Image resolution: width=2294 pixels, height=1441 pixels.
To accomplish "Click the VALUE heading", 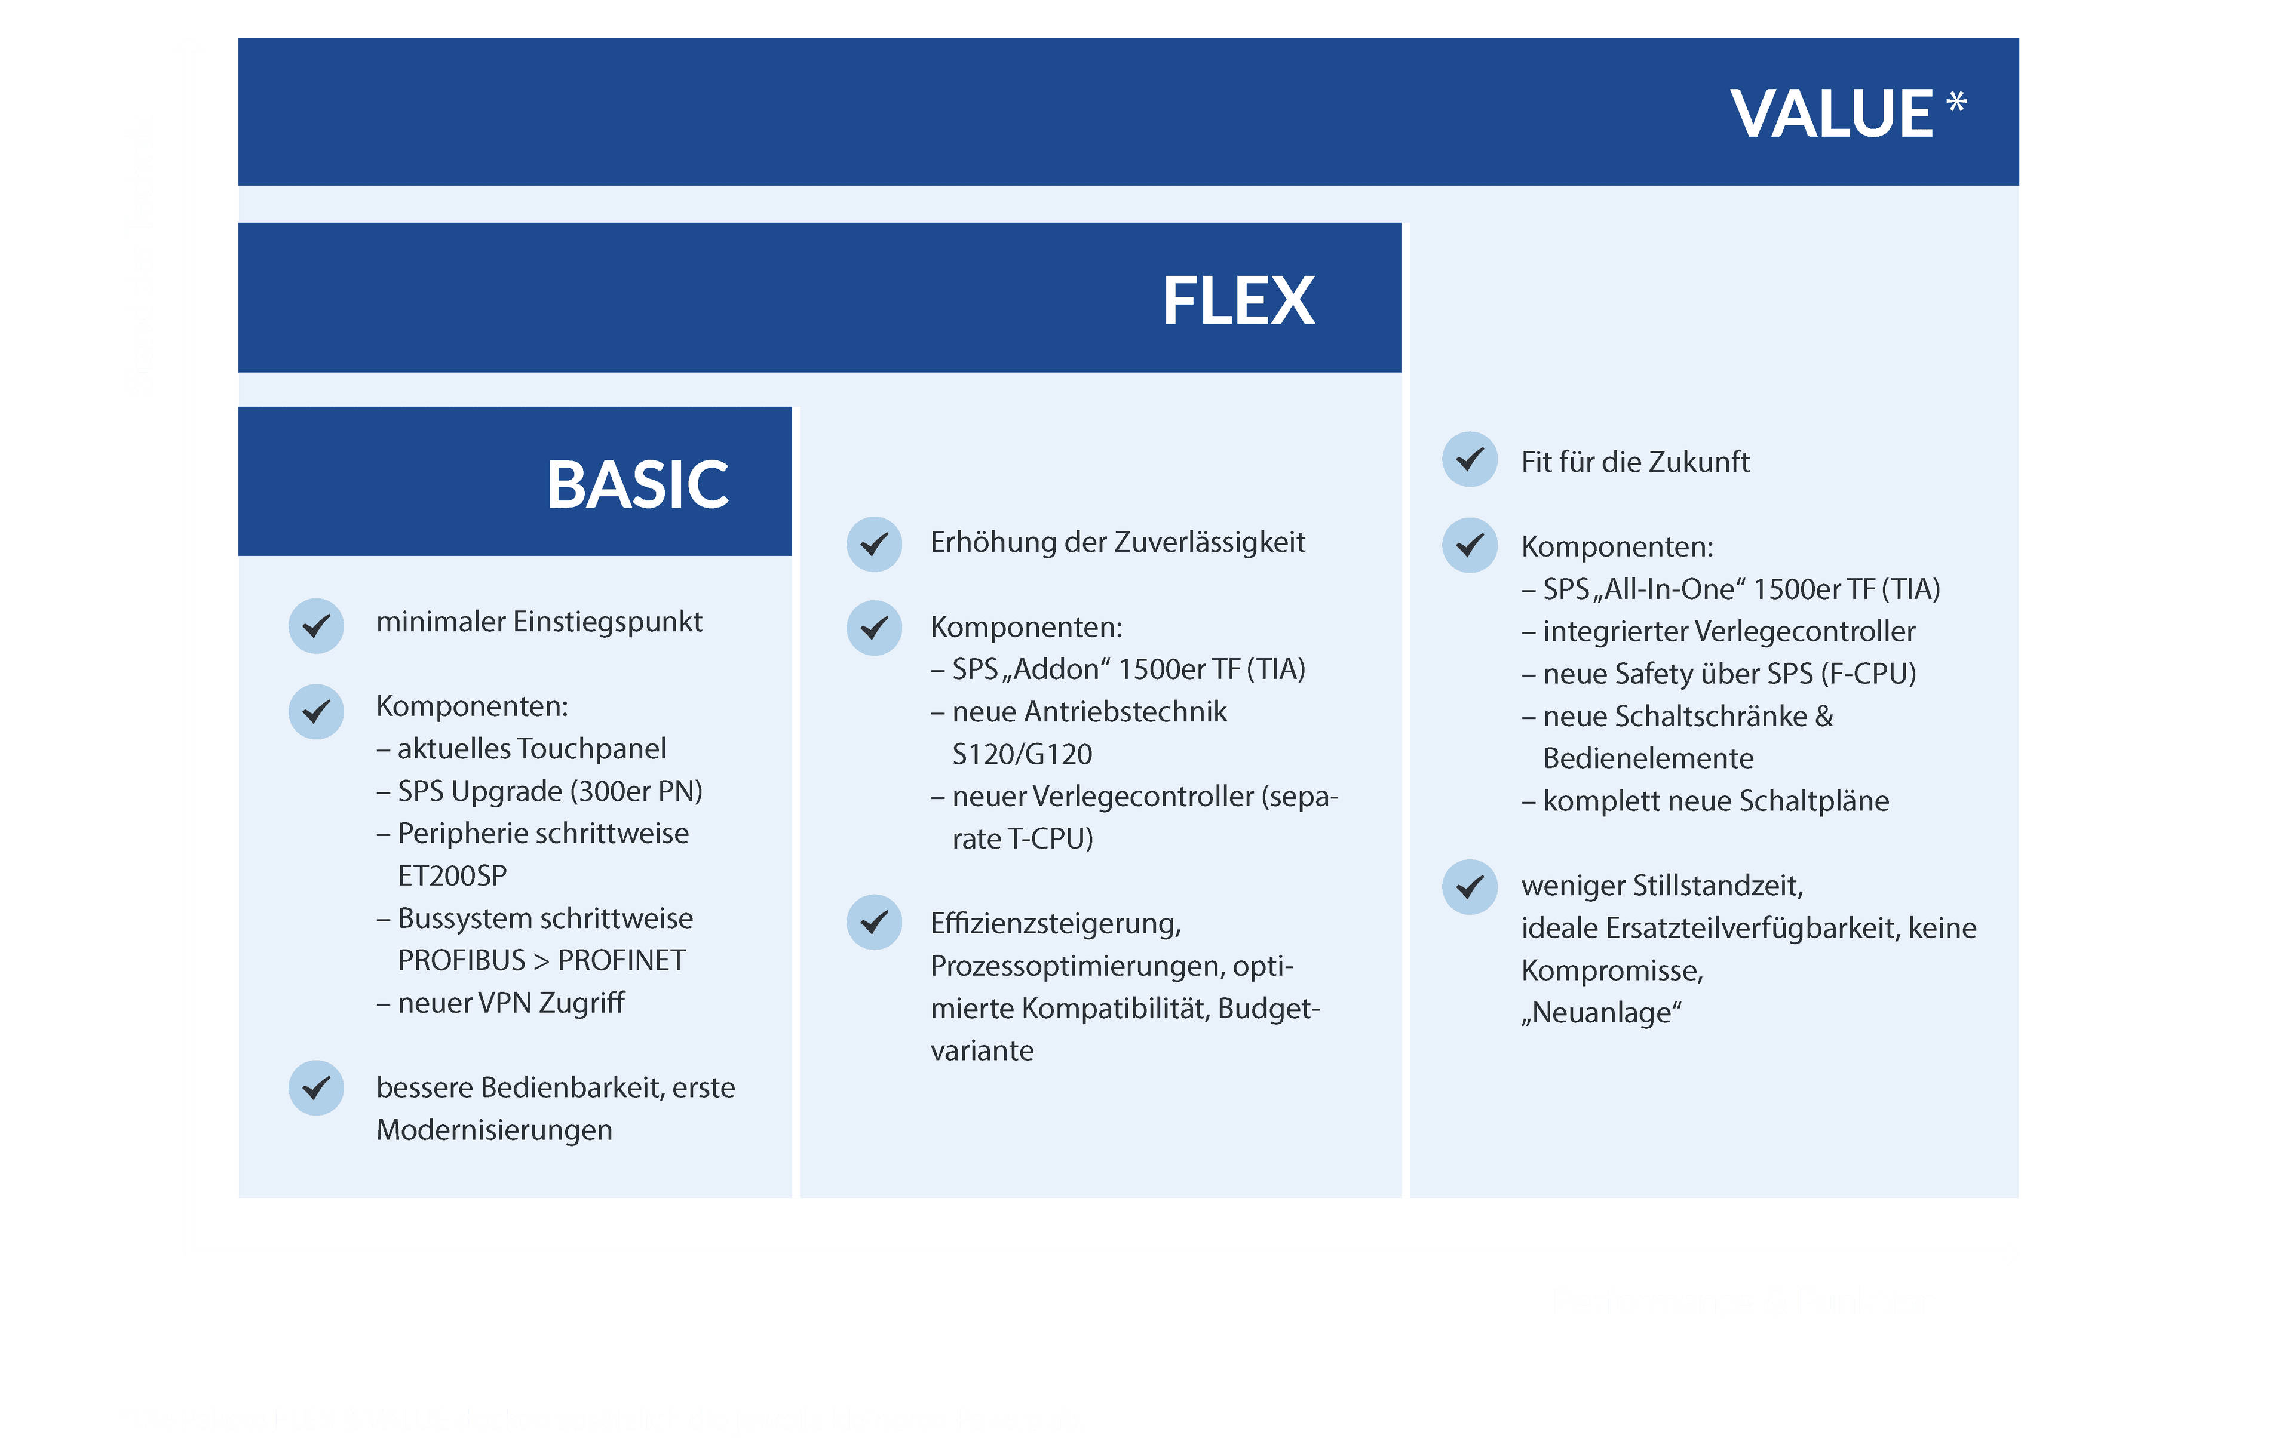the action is point(1831,113).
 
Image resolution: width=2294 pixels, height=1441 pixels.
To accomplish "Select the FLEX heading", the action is point(1238,301).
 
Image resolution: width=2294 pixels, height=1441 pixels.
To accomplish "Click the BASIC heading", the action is point(637,485).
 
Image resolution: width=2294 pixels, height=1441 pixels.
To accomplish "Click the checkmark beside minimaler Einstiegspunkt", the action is point(316,626).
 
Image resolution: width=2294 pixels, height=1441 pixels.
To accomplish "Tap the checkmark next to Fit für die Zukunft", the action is point(1470,459).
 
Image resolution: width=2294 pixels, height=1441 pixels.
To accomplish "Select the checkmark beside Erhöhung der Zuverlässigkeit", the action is point(875,544).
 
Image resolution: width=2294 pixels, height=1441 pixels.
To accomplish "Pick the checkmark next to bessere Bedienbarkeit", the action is point(316,1087).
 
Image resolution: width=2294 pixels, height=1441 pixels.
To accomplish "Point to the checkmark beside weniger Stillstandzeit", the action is point(1470,887).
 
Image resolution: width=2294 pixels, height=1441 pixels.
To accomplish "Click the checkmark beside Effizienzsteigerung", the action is point(875,922).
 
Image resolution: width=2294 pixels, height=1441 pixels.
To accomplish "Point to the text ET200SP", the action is point(452,876).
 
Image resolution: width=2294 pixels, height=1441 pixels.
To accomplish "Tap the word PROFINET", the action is point(621,961).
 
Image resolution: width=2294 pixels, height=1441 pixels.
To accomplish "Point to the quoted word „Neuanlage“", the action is point(1602,1012).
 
